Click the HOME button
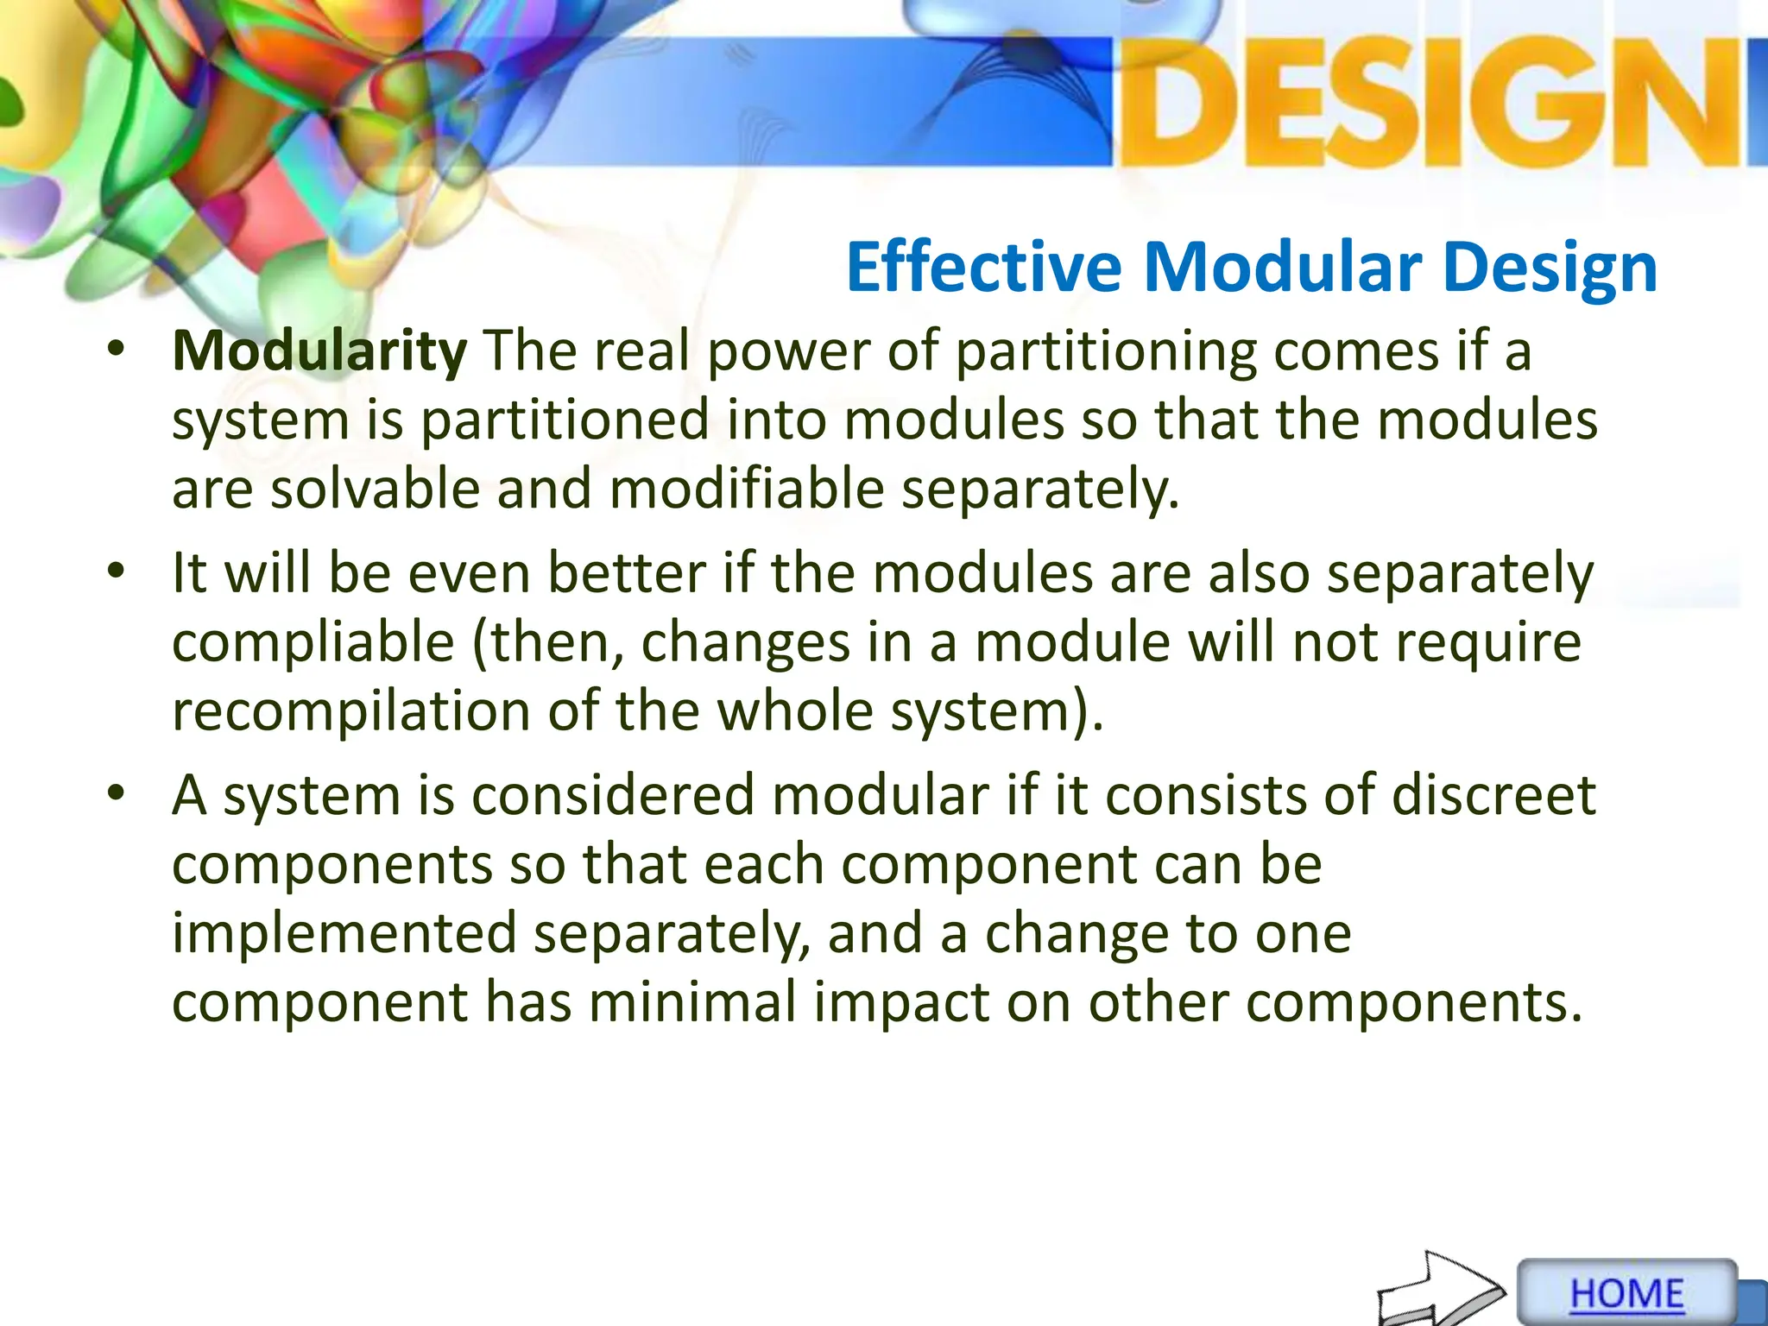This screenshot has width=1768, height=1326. (1626, 1293)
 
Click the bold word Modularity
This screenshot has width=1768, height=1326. (319, 351)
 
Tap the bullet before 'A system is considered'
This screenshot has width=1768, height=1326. (117, 794)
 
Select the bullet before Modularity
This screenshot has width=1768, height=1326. (117, 350)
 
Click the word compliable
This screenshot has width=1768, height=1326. (313, 643)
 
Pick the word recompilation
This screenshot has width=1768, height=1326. (350, 711)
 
